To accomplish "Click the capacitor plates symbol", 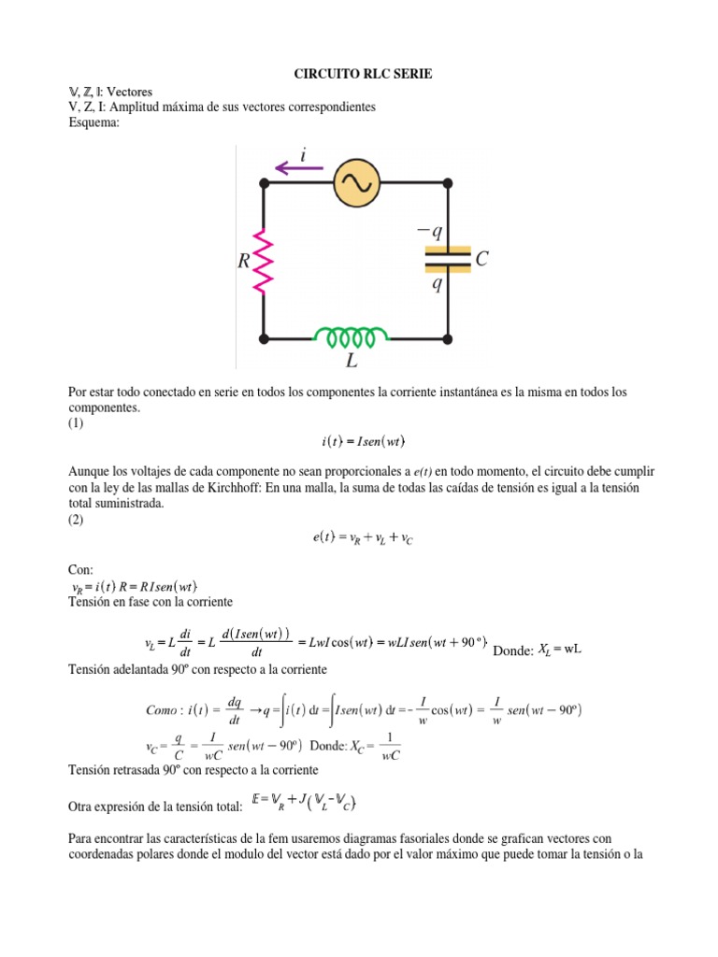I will pos(448,259).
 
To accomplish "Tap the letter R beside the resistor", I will pos(245,263).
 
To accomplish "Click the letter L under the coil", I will pos(352,359).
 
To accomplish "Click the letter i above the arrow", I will pos(303,152).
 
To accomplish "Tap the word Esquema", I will pos(95,124).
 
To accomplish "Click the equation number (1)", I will pos(77,423).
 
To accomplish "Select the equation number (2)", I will pos(77,521).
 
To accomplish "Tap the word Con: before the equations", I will pos(81,569).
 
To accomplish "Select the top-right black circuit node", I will pos(448,182).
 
